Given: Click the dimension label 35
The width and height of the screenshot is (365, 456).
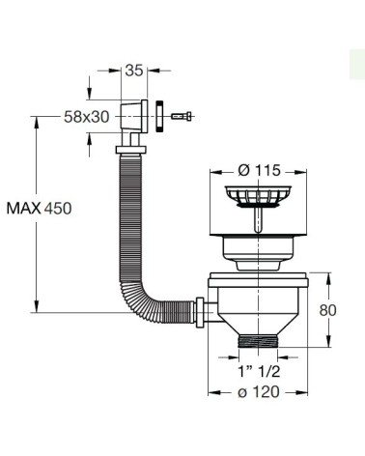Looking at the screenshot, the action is [134, 71].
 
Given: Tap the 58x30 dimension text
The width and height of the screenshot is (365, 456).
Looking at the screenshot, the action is [87, 117].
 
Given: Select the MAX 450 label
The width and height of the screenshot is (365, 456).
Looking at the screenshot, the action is [39, 209].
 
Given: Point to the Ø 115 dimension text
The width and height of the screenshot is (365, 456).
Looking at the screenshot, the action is [259, 170].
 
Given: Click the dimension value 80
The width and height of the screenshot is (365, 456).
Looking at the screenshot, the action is [328, 310].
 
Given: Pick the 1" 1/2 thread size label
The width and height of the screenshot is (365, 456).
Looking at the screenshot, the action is [259, 372].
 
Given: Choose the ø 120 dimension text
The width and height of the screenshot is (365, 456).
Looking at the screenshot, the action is [259, 392].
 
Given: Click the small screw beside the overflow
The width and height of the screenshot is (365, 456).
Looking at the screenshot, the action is [182, 116].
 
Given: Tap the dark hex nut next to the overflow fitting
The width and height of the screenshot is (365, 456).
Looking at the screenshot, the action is [160, 116].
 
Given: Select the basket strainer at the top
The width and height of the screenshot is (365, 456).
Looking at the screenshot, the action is [258, 195].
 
